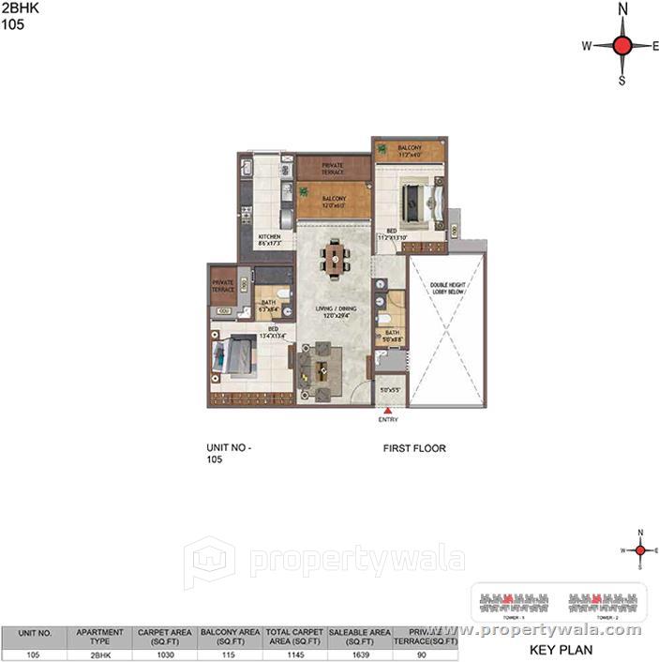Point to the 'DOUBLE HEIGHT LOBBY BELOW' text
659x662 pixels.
pyautogui.click(x=447, y=289)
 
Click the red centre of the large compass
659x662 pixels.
pyautogui.click(x=623, y=44)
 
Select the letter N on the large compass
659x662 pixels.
pyautogui.click(x=623, y=9)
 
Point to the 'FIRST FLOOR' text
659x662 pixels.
pyautogui.click(x=414, y=448)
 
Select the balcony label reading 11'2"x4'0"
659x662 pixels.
pyautogui.click(x=410, y=151)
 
